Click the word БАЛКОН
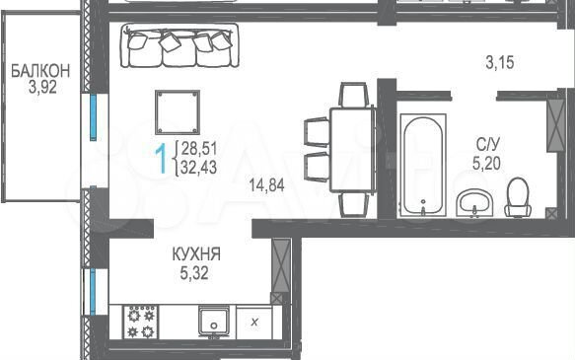tap(41, 71)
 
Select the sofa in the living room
tap(179, 46)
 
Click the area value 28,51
tap(197, 149)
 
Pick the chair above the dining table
tap(353, 96)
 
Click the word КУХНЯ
tap(195, 254)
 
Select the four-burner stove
tap(141, 322)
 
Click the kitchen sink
tap(213, 322)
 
